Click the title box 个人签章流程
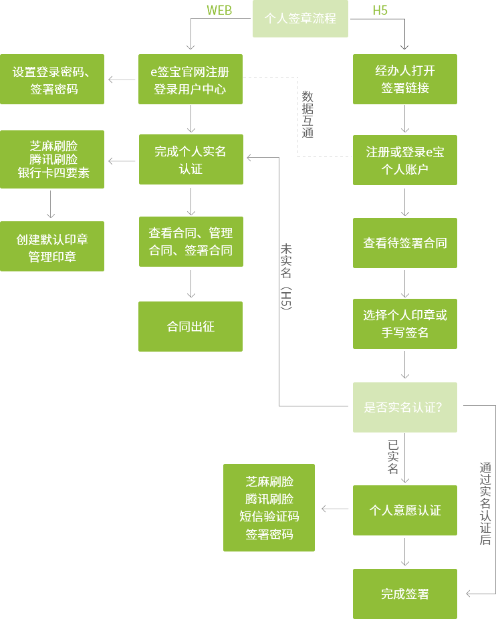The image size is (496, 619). tap(300, 19)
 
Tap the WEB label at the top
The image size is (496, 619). tap(219, 10)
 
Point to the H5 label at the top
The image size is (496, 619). tap(380, 10)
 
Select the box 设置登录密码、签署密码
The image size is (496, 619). tap(52, 80)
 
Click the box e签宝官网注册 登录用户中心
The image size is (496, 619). tap(191, 80)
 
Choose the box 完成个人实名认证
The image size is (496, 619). tap(191, 160)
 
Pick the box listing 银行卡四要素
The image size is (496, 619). tap(52, 160)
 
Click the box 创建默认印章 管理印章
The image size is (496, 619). tap(52, 247)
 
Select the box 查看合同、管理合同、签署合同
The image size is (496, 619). tap(191, 241)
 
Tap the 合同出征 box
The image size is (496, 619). tap(191, 327)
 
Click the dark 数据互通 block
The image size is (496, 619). tap(312, 116)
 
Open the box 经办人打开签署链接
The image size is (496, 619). tap(404, 79)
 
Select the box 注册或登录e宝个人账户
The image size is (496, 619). tap(404, 160)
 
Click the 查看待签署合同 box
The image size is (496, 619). tap(404, 243)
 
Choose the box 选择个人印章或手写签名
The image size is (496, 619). tap(404, 324)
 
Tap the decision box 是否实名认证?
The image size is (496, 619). tap(404, 407)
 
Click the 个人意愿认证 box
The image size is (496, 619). tap(404, 510)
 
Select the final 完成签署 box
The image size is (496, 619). tap(404, 594)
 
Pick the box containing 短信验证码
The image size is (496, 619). tap(269, 507)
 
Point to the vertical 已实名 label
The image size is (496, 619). tap(393, 457)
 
